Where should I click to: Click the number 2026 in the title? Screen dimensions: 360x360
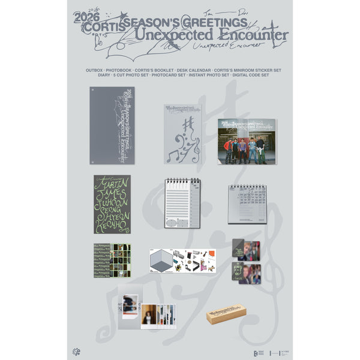click(x=85, y=16)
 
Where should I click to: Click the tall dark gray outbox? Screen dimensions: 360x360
click(x=112, y=125)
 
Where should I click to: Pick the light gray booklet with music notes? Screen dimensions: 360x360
click(x=182, y=134)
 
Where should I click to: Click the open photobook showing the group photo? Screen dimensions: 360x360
click(x=247, y=141)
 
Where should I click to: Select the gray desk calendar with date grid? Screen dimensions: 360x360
click(x=247, y=203)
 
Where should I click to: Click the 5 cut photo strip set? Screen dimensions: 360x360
click(x=112, y=260)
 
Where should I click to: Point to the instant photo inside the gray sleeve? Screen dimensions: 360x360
click(x=130, y=303)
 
